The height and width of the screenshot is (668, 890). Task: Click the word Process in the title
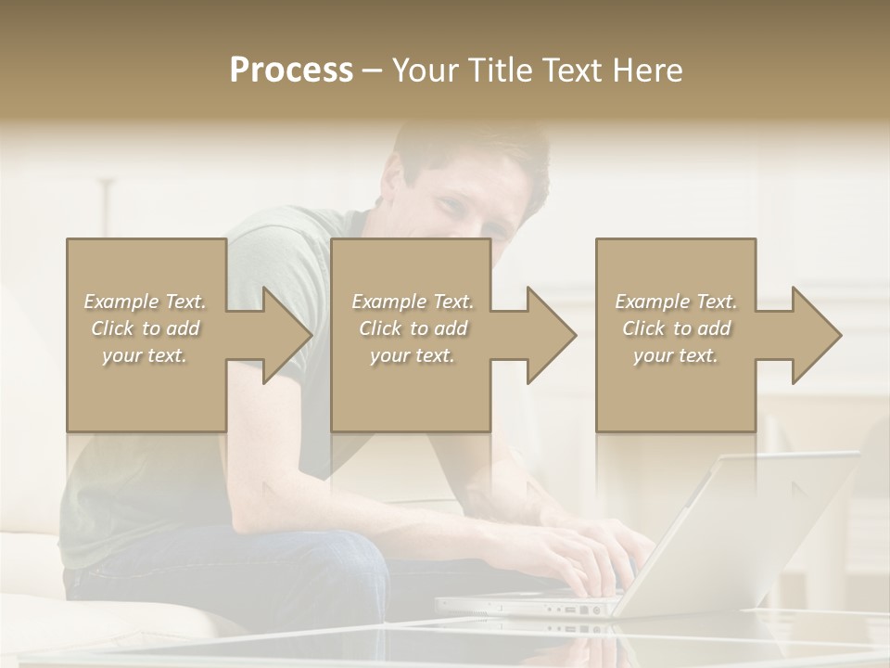pos(291,71)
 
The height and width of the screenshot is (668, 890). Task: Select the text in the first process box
pos(145,328)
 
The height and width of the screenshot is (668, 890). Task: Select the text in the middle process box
pos(413,328)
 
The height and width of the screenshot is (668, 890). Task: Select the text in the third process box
pos(676,328)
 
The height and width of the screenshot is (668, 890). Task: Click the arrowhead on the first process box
pos(283,335)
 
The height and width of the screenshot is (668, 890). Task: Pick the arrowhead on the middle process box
pos(548,335)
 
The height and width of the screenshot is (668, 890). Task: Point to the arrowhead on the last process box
pos(813,335)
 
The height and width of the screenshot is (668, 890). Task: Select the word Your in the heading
pos(426,71)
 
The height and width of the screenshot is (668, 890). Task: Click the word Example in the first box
pos(121,302)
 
